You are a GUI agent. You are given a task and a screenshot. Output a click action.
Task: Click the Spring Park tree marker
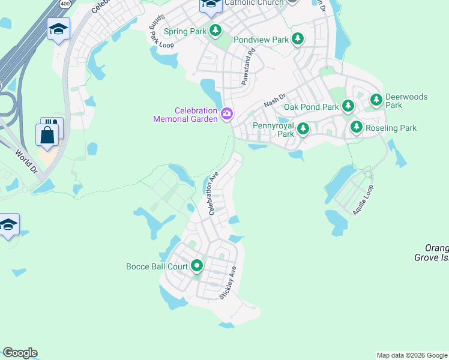215,31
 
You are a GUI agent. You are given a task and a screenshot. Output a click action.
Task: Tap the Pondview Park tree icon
297,40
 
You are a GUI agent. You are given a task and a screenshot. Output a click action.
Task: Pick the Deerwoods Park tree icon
376,100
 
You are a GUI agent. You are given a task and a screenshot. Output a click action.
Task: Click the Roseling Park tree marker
357,127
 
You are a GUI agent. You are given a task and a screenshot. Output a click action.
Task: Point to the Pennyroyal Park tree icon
303,128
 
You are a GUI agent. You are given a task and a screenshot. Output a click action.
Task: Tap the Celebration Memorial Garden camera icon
227,113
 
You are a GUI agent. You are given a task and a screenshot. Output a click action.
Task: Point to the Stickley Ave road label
228,283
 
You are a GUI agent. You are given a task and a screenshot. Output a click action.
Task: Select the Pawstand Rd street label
249,67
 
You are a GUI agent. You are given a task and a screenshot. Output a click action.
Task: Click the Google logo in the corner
20,353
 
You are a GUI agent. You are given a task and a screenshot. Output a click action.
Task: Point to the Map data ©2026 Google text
412,355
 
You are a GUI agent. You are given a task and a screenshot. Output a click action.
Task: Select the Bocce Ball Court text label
157,266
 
